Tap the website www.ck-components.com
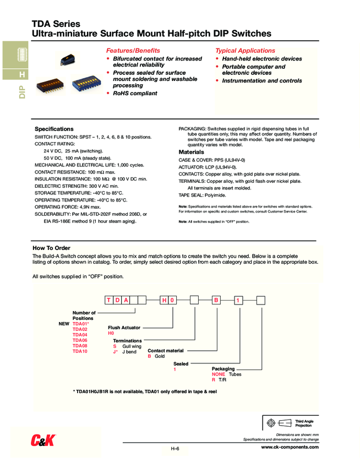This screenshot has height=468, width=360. click(x=290, y=447)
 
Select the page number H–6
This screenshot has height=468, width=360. click(x=175, y=449)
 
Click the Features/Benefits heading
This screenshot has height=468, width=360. click(x=133, y=50)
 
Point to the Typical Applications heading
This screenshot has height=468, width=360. click(x=245, y=50)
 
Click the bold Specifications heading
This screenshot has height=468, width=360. click(x=54, y=129)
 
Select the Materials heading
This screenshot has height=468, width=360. click(x=192, y=152)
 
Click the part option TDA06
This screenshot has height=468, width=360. click(x=80, y=340)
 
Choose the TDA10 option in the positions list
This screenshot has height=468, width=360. click(x=80, y=351)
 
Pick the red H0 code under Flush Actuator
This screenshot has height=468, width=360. click(x=111, y=333)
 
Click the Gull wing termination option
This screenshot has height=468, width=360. click(x=132, y=346)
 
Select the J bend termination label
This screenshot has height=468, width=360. click(x=129, y=351)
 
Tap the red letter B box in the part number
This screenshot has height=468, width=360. click(x=216, y=300)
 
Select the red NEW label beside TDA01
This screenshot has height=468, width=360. click(x=63, y=324)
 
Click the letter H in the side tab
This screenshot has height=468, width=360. click(x=21, y=74)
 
